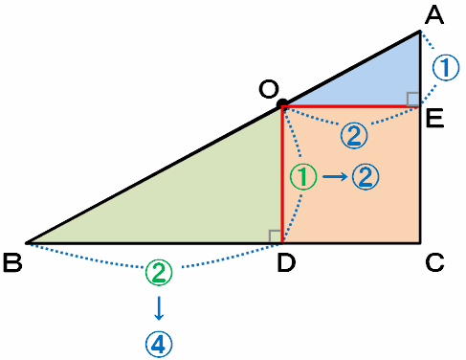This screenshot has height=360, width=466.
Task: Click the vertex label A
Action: [434, 16]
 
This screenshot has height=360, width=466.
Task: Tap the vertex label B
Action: [12, 262]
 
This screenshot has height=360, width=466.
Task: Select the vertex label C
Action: [434, 262]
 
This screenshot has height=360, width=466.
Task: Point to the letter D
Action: [286, 262]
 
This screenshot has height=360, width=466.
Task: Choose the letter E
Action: [434, 119]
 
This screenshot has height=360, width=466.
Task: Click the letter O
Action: [269, 89]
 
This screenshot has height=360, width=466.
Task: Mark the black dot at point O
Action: [282, 103]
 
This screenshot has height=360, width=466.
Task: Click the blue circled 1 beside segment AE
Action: [446, 67]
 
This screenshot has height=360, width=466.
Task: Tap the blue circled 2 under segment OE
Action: [354, 135]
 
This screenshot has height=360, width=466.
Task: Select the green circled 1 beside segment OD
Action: [303, 176]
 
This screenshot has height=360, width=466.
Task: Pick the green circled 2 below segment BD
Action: [159, 272]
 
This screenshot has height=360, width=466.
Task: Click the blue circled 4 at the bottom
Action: [159, 344]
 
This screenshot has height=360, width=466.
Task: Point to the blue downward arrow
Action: [159, 308]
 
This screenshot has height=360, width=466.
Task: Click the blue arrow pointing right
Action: [335, 176]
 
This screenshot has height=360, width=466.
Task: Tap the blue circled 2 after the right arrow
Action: [366, 176]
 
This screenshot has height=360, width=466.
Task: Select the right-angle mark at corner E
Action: [412, 99]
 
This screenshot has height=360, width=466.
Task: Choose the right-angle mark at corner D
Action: [276, 236]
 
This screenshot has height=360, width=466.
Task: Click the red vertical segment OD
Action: [282, 174]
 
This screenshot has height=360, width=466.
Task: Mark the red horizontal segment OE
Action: [351, 106]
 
